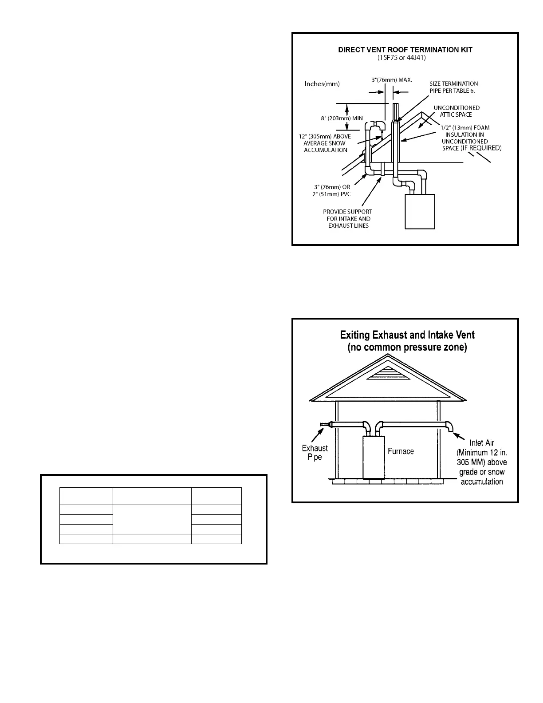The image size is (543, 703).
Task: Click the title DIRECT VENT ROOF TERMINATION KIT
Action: coord(405,50)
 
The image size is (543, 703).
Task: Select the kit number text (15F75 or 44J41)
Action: coord(405,59)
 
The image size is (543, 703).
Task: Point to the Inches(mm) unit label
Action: coord(322,83)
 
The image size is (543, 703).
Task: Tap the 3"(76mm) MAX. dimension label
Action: coord(392,80)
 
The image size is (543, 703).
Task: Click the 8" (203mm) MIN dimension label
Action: coord(342,118)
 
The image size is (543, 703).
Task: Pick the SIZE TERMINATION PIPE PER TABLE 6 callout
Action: coord(453,87)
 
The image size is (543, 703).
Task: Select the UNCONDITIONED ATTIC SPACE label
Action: coord(456,111)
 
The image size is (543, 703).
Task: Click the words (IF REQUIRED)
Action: coord(481,148)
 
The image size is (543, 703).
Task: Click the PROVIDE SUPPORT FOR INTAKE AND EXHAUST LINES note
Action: coord(348,218)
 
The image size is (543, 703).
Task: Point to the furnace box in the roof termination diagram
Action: coord(420,211)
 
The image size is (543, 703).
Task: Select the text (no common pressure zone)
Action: coord(407,348)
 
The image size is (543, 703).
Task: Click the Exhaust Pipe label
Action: coord(315,452)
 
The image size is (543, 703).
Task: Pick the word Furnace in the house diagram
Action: coord(401,451)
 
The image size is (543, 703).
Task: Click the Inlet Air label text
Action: coord(482,443)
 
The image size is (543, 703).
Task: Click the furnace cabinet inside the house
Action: coord(373,457)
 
